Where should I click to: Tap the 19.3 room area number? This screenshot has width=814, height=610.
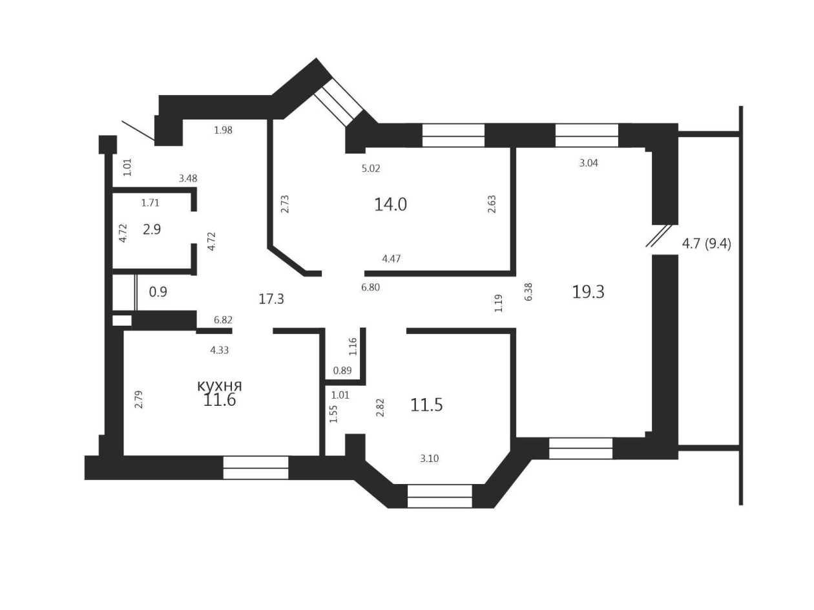(x=588, y=292)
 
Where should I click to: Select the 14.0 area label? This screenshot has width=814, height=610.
(x=390, y=205)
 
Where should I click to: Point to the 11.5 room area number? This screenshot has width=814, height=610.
(x=426, y=405)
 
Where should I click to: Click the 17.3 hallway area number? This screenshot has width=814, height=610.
(x=271, y=299)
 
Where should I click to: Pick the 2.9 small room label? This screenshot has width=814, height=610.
(x=152, y=229)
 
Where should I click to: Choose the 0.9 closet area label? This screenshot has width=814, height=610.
(x=158, y=292)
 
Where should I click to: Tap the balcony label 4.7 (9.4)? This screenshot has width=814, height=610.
(x=707, y=244)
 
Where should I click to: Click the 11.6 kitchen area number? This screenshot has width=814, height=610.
(x=220, y=401)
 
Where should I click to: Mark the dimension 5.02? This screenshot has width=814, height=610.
(x=371, y=169)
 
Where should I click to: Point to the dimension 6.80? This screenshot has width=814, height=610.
(x=370, y=288)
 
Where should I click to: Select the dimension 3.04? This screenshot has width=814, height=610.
(x=589, y=163)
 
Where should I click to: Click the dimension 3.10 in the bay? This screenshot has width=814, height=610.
(x=430, y=459)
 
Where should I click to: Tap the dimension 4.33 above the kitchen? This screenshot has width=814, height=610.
(x=220, y=350)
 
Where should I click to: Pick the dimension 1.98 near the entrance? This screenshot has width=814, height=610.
(x=224, y=130)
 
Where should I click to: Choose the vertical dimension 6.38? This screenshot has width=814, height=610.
(x=529, y=291)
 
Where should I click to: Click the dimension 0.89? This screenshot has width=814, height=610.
(x=342, y=370)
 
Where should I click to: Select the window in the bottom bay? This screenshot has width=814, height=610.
(x=439, y=496)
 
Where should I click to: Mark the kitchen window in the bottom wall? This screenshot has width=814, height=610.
(x=256, y=468)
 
